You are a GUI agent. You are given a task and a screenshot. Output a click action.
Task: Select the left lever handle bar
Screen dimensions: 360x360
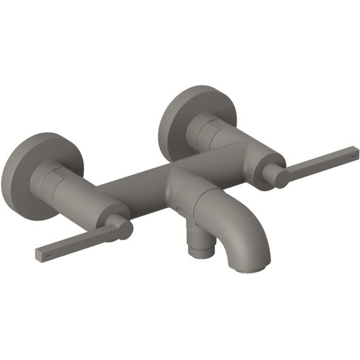click(x=72, y=243)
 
